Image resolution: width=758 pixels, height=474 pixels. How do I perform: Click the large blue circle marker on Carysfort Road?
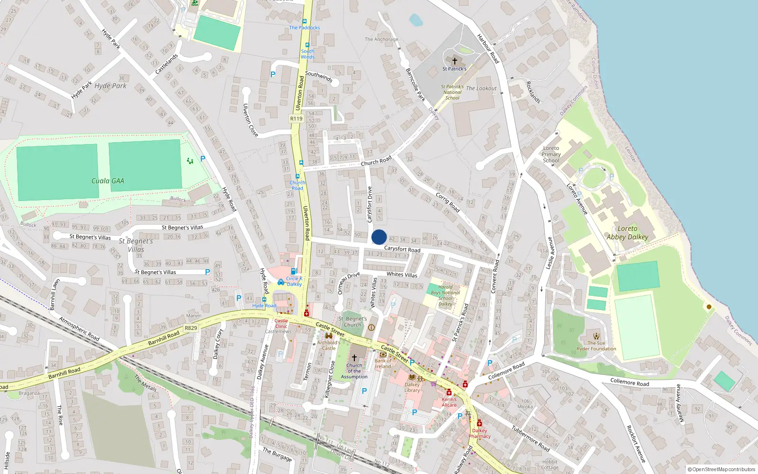[379, 237]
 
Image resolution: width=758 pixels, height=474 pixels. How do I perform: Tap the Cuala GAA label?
[108, 181]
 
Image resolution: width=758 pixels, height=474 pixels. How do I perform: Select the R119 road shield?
[296, 118]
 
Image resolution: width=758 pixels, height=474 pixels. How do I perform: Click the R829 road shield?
[191, 328]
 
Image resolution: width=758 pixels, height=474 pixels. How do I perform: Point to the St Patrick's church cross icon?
[455, 61]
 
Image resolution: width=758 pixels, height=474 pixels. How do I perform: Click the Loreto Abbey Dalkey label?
[627, 233]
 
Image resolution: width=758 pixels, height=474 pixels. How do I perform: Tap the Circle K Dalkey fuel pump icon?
[294, 272]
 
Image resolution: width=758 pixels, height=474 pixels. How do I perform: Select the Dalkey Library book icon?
[412, 377]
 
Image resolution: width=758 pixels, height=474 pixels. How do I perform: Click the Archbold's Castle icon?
[328, 336]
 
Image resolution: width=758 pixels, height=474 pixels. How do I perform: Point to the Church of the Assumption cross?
[354, 358]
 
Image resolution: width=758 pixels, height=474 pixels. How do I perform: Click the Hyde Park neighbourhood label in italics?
[110, 86]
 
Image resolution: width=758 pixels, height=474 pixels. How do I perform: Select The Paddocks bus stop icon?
[305, 21]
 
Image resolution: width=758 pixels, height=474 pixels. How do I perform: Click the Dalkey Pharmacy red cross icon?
[479, 423]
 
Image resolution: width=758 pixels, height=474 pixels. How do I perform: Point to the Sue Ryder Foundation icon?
[596, 336]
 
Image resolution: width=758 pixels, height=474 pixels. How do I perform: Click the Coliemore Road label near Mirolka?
[629, 382]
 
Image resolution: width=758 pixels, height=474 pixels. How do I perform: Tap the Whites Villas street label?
[402, 274]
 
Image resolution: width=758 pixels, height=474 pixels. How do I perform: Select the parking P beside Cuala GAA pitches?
[203, 159]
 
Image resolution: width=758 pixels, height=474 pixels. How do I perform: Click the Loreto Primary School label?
[551, 154]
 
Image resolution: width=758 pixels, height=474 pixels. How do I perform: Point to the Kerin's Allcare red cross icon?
[449, 392]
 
